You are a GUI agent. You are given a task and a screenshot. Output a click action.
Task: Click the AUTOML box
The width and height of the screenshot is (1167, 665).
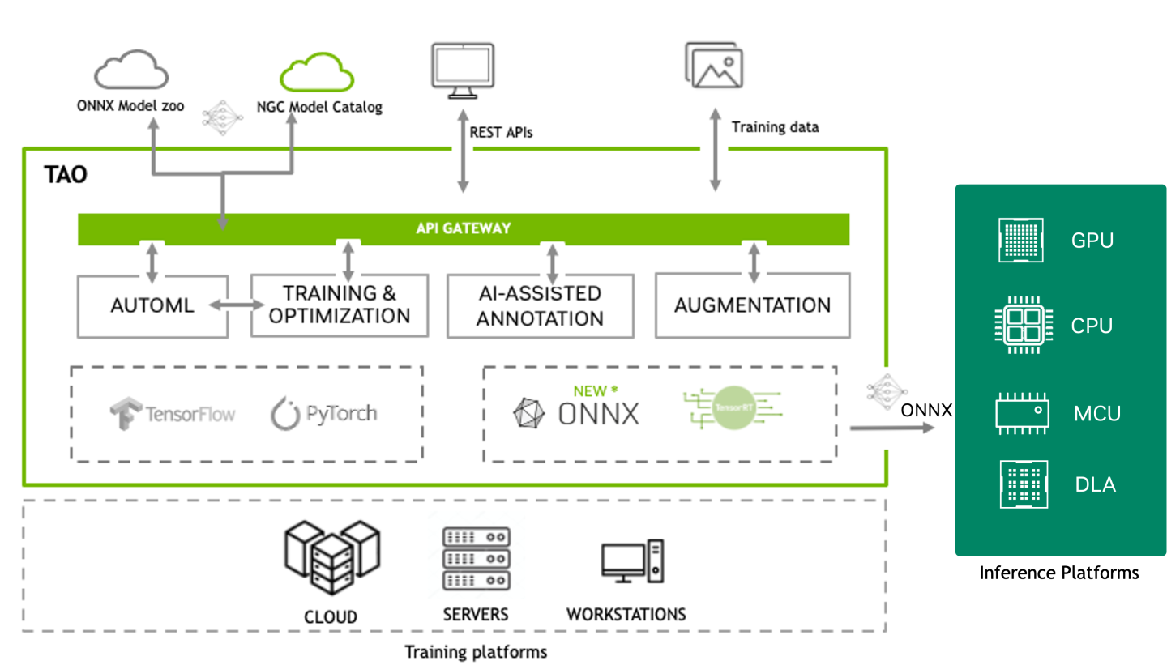152,306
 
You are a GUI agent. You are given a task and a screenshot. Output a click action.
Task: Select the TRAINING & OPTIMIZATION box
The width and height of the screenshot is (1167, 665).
340,305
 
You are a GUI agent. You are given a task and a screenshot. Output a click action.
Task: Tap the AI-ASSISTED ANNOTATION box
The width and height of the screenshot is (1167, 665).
540,305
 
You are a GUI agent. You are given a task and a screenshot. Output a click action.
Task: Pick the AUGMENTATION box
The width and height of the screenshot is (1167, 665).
752,305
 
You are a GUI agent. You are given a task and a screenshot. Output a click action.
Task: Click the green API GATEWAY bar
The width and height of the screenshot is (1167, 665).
463,228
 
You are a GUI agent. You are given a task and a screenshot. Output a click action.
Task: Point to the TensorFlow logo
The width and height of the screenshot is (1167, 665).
173,414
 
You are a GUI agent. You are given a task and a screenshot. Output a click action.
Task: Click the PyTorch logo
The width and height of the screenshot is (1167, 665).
323,414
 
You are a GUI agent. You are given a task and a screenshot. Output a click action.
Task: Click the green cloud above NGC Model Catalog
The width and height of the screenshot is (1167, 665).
317,72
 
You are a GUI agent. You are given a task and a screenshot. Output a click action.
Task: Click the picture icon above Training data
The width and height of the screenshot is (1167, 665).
714,65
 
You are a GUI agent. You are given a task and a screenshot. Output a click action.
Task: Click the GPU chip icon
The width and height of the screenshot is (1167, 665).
1020,241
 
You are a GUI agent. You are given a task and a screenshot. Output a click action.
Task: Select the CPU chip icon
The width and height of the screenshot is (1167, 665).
1020,326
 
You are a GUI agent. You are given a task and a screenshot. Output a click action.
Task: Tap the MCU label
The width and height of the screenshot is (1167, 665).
1096,413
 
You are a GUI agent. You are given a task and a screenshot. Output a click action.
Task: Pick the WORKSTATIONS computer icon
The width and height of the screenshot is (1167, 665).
632,561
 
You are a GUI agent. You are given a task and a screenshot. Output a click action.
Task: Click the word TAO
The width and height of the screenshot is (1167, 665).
66,175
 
